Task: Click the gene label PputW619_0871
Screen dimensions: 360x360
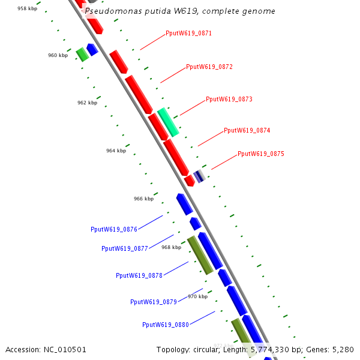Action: point(188,34)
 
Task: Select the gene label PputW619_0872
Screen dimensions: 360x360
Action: point(209,67)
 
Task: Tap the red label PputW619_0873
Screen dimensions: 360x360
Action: point(229,99)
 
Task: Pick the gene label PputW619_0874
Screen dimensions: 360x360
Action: point(247,130)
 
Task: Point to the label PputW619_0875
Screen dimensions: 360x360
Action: point(261,154)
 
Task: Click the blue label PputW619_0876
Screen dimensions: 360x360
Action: point(114,229)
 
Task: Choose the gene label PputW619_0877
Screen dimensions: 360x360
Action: point(125,248)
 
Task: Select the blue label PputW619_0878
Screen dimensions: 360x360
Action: point(139,275)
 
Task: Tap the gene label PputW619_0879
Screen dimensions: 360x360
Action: point(154,302)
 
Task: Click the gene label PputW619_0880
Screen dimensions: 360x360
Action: point(166,325)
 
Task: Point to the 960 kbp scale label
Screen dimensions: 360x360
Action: point(58,55)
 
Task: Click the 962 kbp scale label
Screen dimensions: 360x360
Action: point(87,103)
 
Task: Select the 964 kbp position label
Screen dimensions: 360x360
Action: point(116,151)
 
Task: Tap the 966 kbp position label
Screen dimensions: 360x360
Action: point(143,199)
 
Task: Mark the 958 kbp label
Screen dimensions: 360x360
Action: point(27,8)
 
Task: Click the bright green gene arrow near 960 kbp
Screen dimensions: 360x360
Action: point(82,54)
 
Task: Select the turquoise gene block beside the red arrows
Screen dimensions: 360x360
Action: point(169,122)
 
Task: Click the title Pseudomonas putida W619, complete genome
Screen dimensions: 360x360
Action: point(180,11)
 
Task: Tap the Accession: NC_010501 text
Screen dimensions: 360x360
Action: point(46,349)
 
